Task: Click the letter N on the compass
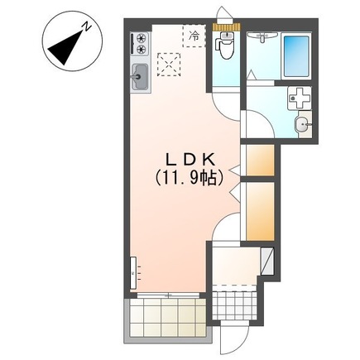(87, 26)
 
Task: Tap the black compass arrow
(65, 48)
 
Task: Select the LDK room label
(190, 161)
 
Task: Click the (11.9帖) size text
(190, 178)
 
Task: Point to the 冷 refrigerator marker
(194, 35)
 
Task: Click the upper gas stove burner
(142, 37)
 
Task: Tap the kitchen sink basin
(140, 77)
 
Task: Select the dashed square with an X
(169, 65)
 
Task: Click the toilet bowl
(226, 48)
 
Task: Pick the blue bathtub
(296, 56)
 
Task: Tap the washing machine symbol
(299, 98)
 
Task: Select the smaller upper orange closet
(260, 160)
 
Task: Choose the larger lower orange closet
(260, 211)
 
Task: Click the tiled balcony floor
(168, 318)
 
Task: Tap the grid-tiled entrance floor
(235, 305)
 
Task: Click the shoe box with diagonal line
(267, 262)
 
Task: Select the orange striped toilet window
(227, 27)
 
